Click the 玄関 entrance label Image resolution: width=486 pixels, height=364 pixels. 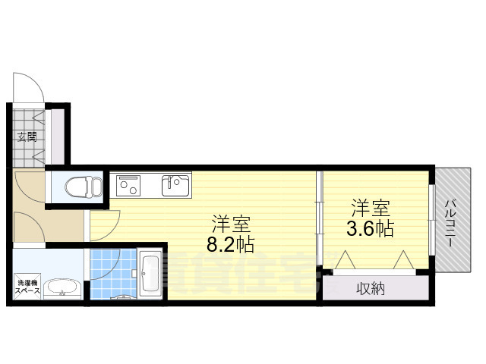click(27, 137)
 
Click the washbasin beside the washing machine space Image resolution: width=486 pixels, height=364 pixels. click(62, 289)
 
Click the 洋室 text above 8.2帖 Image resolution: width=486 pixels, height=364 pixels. click(231, 224)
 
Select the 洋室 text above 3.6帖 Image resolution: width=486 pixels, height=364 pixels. click(371, 207)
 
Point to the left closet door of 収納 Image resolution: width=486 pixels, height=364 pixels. click(345, 260)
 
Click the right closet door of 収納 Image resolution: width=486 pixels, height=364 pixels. click(402, 260)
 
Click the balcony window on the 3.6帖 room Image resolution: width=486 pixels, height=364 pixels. click(431, 220)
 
